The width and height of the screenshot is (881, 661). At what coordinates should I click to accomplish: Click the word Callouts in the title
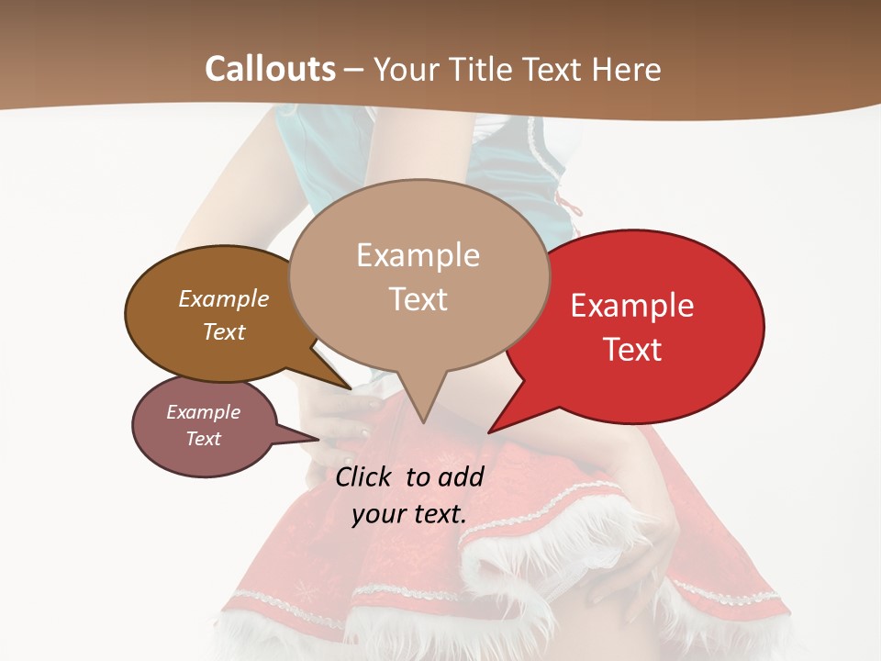point(270,69)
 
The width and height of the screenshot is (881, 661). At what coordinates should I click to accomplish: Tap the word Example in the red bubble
point(632,306)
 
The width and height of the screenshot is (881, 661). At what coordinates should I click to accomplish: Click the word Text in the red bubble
point(632,349)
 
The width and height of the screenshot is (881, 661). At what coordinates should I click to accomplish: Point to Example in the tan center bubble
point(418,255)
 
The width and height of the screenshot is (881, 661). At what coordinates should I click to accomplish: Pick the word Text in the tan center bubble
point(418,299)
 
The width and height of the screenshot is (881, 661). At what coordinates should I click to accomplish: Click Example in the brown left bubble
point(224,298)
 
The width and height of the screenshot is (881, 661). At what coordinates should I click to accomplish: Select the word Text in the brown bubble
point(224,331)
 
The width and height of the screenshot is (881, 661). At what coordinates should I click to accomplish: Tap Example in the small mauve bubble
point(203,412)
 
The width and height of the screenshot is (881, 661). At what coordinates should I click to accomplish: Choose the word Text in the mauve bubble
point(203,439)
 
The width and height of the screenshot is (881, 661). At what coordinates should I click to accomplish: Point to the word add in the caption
point(461,476)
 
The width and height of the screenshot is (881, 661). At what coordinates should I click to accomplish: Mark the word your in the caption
point(377,514)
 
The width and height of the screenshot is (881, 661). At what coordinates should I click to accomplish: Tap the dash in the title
point(355,70)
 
